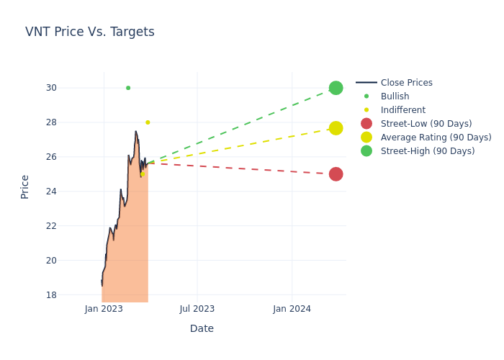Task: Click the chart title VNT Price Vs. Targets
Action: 90,32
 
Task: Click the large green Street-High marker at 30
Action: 336,88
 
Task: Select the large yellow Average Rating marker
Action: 336,128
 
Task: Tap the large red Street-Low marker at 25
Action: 336,174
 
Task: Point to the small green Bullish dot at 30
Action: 128,88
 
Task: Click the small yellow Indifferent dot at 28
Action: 148,122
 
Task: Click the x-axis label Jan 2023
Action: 104,309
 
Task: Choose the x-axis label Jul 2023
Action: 197,309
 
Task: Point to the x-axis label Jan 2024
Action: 292,309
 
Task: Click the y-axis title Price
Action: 25,186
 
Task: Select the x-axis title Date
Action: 202,328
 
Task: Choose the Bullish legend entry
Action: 395,96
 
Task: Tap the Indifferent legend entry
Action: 402,110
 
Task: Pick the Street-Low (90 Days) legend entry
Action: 426,124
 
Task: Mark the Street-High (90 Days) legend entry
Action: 427,151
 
